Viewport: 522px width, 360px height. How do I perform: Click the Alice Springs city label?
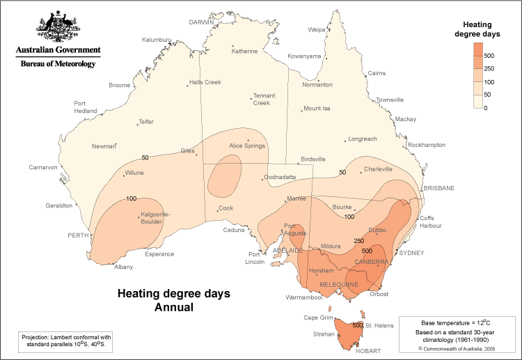coord(248,146)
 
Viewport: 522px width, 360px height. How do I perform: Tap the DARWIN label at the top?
coord(202,22)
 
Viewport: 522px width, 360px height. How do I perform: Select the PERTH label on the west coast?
coord(78,235)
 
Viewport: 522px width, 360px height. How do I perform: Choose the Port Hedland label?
coord(85,107)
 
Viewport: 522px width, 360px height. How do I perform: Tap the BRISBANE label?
coord(438,188)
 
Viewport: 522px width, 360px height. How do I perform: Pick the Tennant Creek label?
coord(264,99)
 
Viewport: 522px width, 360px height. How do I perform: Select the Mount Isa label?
coord(317,109)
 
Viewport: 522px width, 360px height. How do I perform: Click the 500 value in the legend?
coord(489,55)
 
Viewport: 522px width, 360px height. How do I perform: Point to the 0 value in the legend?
coord(486,108)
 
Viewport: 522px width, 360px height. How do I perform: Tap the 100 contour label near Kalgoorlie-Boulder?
coord(131,198)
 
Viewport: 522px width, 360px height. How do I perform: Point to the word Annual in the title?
coord(173,306)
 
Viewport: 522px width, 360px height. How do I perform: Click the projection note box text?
coord(66,340)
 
